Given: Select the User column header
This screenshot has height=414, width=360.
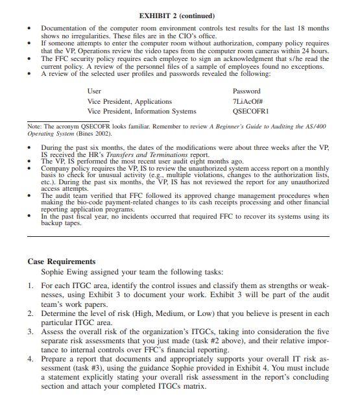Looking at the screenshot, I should pyautogui.click(x=94, y=91).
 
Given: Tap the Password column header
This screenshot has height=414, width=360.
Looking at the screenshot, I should pyautogui.click(x=246, y=91).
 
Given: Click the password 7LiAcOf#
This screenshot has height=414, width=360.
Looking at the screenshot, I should pyautogui.click(x=247, y=101).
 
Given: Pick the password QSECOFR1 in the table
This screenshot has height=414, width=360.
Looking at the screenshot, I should pyautogui.click(x=250, y=111).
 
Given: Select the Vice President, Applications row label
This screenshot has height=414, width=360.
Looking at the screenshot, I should pyautogui.click(x=130, y=101).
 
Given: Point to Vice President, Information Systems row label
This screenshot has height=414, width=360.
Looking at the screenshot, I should pyautogui.click(x=141, y=111).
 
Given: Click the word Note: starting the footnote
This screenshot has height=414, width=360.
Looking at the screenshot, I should pyautogui.click(x=34, y=126).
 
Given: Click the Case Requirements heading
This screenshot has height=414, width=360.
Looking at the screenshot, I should pyautogui.click(x=62, y=262).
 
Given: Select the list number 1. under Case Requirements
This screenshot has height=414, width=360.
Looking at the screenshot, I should pyautogui.click(x=31, y=286).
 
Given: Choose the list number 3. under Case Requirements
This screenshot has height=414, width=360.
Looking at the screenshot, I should pyautogui.click(x=31, y=331).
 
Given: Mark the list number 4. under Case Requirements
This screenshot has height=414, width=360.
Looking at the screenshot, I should pyautogui.click(x=31, y=358).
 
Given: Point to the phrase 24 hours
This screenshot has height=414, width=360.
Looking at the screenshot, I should pyautogui.click(x=315, y=51).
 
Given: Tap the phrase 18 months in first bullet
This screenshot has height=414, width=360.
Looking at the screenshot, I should pyautogui.click(x=309, y=29).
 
